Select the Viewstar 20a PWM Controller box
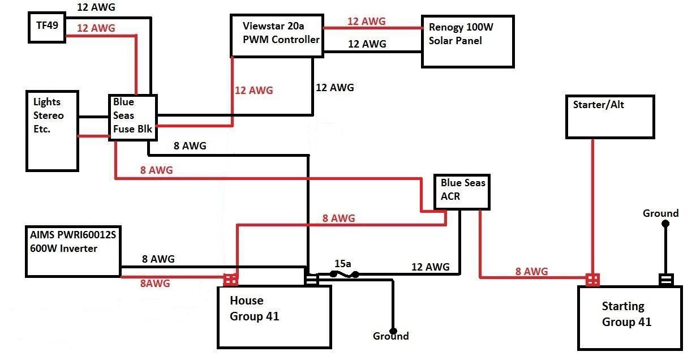[x=277, y=36]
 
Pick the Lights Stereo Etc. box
[x=52, y=130]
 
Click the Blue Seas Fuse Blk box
[x=132, y=117]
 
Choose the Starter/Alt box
[x=610, y=117]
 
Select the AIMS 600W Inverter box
[x=72, y=251]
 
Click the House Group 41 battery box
[x=274, y=316]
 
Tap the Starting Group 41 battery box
[x=629, y=316]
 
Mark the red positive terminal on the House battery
[x=231, y=280]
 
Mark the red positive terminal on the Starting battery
[x=592, y=280]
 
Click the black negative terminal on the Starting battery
[x=666, y=280]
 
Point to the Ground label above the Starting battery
[x=660, y=213]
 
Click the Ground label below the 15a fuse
[x=390, y=336]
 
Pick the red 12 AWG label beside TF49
[x=96, y=28]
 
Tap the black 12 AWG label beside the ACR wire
[x=430, y=267]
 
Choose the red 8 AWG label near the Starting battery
[x=531, y=271]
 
